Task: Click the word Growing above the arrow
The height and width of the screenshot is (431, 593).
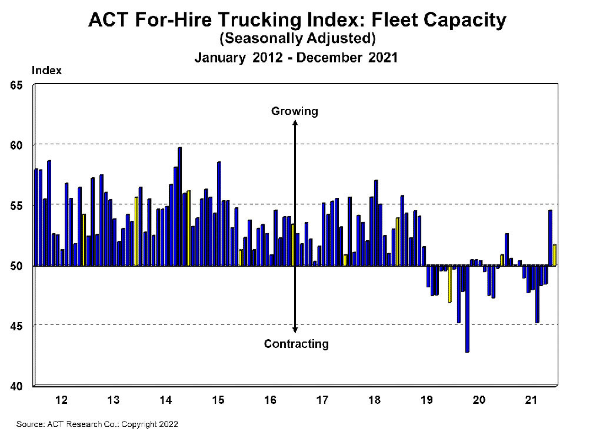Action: click(294, 111)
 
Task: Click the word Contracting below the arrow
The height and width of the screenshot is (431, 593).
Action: click(296, 344)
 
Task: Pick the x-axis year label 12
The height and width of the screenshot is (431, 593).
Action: click(61, 400)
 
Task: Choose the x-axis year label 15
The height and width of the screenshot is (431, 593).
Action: click(218, 400)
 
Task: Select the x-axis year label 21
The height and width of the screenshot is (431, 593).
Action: click(531, 400)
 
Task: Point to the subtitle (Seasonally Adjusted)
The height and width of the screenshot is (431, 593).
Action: click(296, 39)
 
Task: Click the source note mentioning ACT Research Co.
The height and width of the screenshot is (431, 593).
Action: click(97, 423)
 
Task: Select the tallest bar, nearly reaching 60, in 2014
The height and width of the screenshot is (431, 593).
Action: click(179, 206)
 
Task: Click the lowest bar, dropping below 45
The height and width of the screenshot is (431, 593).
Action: click(467, 309)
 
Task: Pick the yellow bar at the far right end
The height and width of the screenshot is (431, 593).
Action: click(554, 255)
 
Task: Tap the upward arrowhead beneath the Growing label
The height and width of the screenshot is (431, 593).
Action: click(295, 123)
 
